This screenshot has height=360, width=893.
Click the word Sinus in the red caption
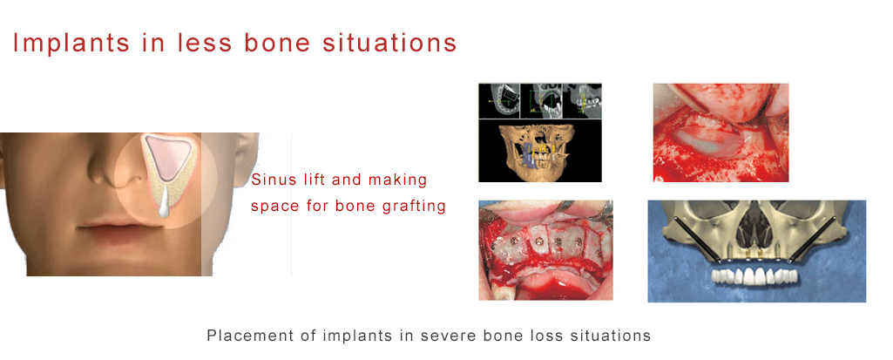tap(270, 180)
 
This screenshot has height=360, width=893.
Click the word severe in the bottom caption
tap(446, 336)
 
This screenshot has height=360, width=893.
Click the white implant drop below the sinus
tap(164, 203)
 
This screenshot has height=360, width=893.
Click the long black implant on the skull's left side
tap(697, 240)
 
